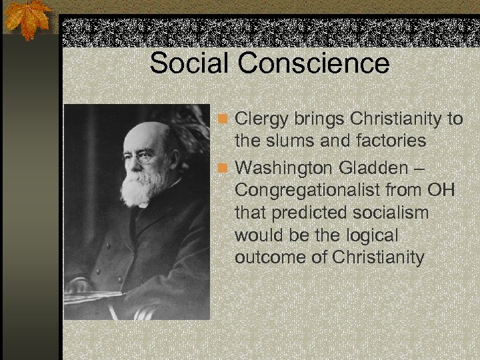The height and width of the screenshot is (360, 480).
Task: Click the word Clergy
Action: (261, 120)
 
